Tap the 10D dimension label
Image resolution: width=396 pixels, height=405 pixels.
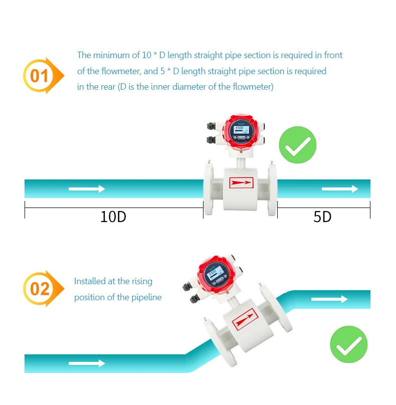113,217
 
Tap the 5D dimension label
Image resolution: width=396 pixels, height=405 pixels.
322,217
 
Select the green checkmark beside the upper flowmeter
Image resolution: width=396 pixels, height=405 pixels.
297,145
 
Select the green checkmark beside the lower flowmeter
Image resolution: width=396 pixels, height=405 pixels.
348,345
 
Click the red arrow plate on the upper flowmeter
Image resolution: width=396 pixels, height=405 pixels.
241,183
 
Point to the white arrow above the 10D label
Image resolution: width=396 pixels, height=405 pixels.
87,189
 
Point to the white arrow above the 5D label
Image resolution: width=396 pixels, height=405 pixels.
340,189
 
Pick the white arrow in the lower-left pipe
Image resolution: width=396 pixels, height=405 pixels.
87,363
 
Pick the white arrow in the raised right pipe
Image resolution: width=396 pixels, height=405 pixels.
329,299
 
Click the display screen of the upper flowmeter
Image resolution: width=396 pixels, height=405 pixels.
240,131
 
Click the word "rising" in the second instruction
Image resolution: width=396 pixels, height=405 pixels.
142,282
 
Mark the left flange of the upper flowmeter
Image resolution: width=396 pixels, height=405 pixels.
209,189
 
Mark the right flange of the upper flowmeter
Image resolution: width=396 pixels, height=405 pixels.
273,189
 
